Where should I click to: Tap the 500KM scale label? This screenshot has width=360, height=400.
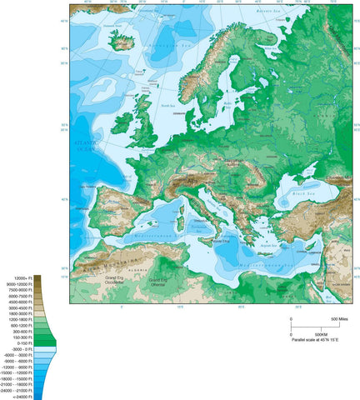click(x=301, y=332)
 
